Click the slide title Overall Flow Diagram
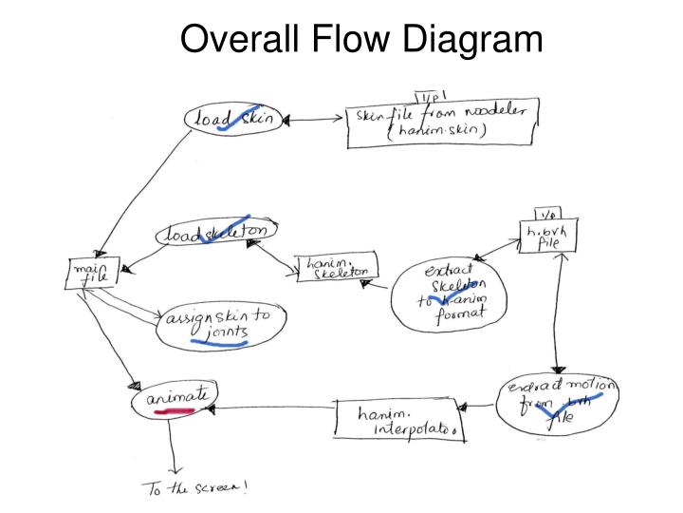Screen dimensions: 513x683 tap(361, 39)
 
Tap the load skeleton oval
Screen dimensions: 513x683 tap(218, 234)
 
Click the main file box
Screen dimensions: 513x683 tap(92, 274)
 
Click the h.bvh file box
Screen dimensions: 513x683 tap(547, 236)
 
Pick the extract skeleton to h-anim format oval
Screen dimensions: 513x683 tap(450, 294)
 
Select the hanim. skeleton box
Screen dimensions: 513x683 tap(337, 267)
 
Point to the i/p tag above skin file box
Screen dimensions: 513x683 tap(430, 94)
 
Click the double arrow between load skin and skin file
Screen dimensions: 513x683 tap(314, 121)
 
